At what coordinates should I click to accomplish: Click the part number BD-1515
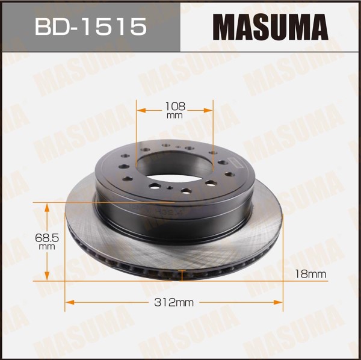(90, 26)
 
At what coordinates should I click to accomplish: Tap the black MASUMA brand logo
(270, 26)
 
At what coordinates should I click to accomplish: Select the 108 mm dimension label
(175, 110)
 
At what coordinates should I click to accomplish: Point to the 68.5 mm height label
(47, 241)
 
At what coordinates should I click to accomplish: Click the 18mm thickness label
(310, 274)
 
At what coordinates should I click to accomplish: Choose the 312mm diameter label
(174, 302)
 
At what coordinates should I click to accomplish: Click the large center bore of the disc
(175, 167)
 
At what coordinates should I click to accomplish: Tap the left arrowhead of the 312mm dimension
(70, 302)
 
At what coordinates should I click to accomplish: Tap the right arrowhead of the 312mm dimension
(278, 302)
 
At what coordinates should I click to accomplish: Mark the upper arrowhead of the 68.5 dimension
(47, 207)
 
